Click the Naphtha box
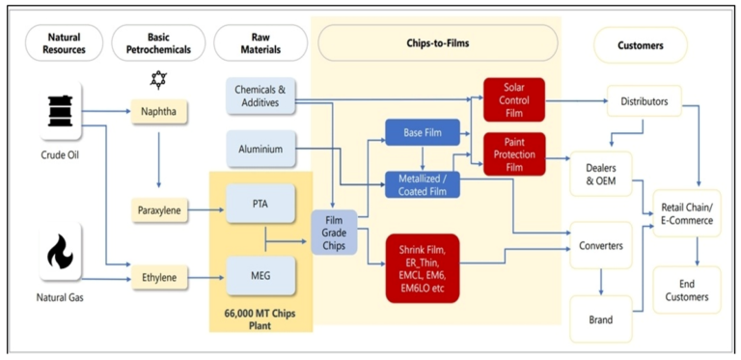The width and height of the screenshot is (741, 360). (159, 111)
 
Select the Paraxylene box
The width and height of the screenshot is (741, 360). (159, 208)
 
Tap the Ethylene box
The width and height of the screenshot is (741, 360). (159, 276)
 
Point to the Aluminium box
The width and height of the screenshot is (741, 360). (261, 149)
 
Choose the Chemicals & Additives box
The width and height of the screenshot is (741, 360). (261, 95)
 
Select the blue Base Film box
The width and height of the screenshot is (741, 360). (421, 133)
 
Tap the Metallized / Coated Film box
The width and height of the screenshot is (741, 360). (422, 184)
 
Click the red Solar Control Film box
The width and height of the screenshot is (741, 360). (514, 99)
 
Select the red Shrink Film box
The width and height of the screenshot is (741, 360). (422, 267)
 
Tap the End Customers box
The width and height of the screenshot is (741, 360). (686, 290)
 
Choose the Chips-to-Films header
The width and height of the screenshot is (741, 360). (438, 43)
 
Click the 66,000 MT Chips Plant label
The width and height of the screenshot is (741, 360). (261, 319)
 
